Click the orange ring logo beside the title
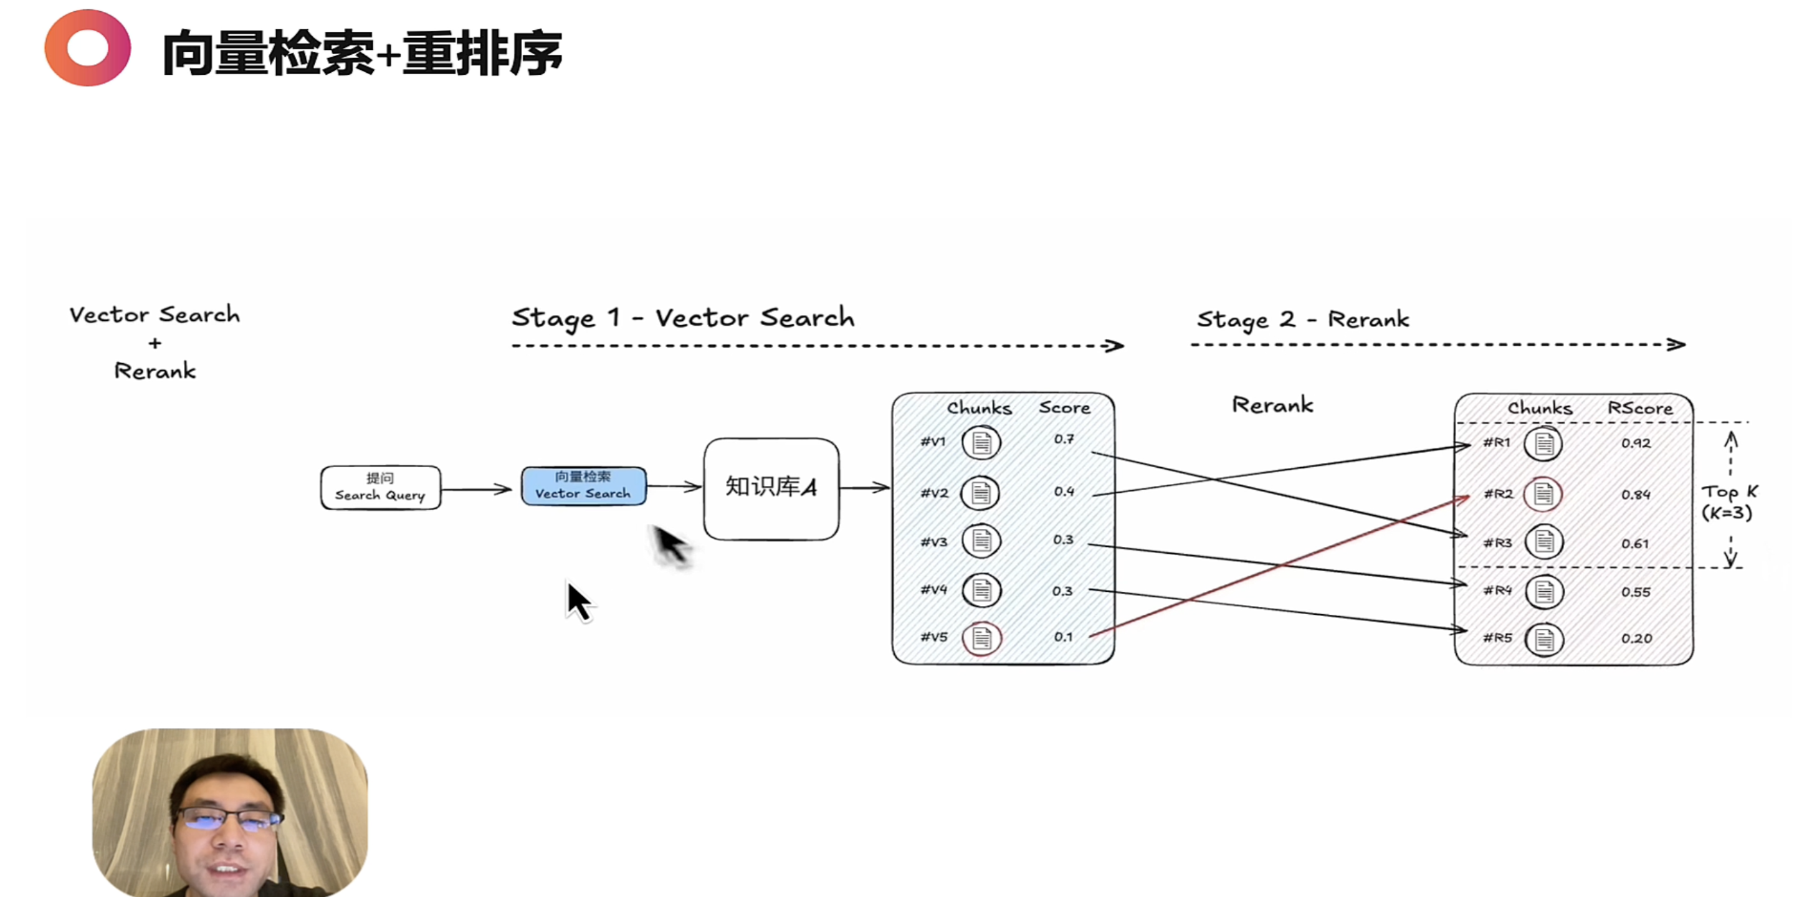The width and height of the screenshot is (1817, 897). [87, 48]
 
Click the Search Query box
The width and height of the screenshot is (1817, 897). [380, 487]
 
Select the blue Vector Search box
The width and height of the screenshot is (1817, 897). [583, 486]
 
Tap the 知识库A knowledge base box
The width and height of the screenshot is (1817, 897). [771, 488]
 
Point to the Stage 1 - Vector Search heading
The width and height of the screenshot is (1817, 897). [683, 318]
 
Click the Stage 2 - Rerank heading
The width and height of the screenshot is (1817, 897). [1303, 320]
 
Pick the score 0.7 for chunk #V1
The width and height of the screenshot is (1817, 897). [1064, 439]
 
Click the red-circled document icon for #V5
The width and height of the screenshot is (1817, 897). [981, 638]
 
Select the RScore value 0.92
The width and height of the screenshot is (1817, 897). [1635, 444]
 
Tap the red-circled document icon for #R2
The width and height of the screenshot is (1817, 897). [1543, 493]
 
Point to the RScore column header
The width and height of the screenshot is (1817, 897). [1639, 408]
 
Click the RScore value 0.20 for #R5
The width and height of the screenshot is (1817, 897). [1636, 639]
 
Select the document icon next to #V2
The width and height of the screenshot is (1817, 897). [980, 492]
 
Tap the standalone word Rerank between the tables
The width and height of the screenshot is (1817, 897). [1272, 406]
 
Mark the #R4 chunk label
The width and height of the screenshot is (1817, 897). [1497, 591]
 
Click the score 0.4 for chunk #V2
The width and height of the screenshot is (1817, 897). [1064, 491]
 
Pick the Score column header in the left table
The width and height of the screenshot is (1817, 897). [1064, 407]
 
